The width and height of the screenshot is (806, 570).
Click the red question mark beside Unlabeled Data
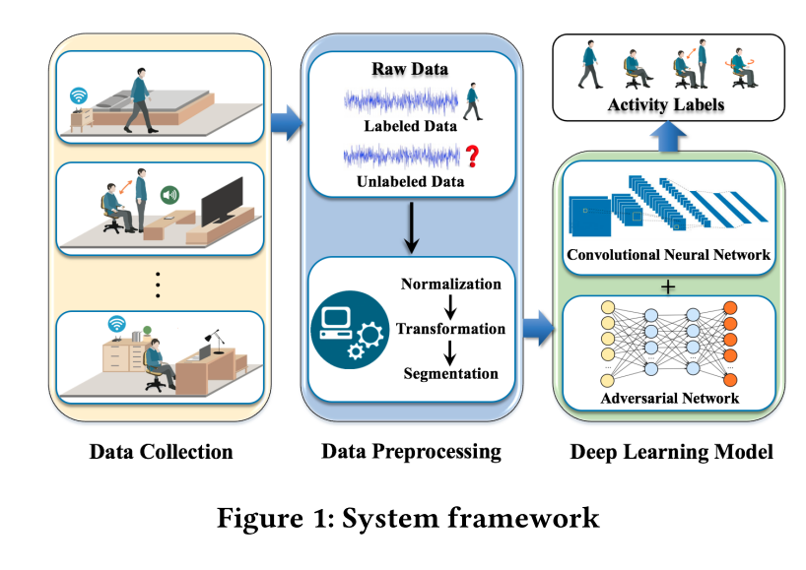tap(472, 157)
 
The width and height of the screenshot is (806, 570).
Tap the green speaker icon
tap(169, 195)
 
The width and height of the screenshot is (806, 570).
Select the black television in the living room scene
tap(222, 202)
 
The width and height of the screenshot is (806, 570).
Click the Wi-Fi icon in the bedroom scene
tap(79, 95)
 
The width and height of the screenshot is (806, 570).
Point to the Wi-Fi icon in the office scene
tap(117, 324)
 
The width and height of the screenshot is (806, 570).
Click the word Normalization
tap(451, 284)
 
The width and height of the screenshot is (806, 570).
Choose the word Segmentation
tap(451, 373)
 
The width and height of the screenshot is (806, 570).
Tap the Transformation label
tap(451, 329)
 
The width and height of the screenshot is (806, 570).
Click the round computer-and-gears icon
tap(350, 330)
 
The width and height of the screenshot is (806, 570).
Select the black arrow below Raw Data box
tap(411, 227)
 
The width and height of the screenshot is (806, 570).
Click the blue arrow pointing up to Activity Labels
tap(668, 137)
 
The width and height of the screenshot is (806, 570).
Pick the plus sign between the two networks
tap(668, 286)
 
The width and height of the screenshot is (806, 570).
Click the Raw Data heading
tap(410, 69)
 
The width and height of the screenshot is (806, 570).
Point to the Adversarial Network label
tap(669, 399)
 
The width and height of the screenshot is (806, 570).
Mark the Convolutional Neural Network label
tap(668, 255)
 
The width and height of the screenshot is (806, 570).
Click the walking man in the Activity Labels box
tap(590, 65)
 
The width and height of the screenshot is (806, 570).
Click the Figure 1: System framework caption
tap(408, 518)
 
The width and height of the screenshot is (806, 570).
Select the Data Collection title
tap(161, 452)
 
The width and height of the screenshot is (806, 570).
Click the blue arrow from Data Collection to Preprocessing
tap(287, 123)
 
